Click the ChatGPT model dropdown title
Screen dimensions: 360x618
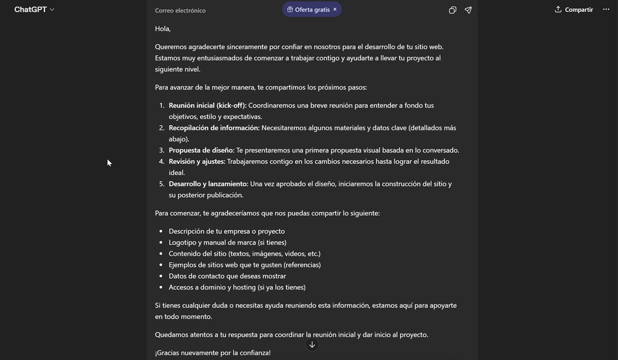point(34,10)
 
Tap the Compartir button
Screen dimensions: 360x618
point(574,10)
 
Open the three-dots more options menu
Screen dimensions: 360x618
point(606,10)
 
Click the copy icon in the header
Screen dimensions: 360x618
point(452,10)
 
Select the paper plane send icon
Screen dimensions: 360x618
point(468,10)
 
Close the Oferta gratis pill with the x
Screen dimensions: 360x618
point(335,9)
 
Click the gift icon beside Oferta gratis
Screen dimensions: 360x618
point(290,9)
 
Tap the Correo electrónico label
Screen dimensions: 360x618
point(180,10)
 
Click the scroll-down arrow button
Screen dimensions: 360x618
point(312,345)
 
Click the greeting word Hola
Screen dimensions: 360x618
point(162,29)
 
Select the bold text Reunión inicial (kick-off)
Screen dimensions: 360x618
point(207,106)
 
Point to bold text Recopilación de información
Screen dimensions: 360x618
point(214,128)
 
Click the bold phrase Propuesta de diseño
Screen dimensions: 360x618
point(201,150)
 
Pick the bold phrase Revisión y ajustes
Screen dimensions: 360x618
point(197,162)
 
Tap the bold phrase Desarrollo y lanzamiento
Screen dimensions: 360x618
point(208,184)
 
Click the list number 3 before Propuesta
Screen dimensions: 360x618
point(161,150)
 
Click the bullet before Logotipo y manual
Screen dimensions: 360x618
point(161,243)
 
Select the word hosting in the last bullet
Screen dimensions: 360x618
point(244,287)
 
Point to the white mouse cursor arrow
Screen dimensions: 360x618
point(109,163)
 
